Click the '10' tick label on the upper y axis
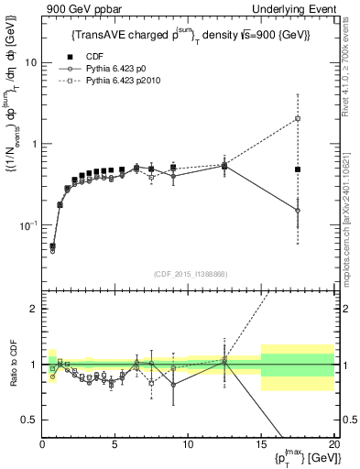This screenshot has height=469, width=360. point(30,63)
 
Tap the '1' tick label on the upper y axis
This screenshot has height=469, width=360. point(33,144)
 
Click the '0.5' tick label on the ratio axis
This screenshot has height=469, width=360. point(29,420)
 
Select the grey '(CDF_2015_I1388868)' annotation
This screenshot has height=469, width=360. point(188,273)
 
